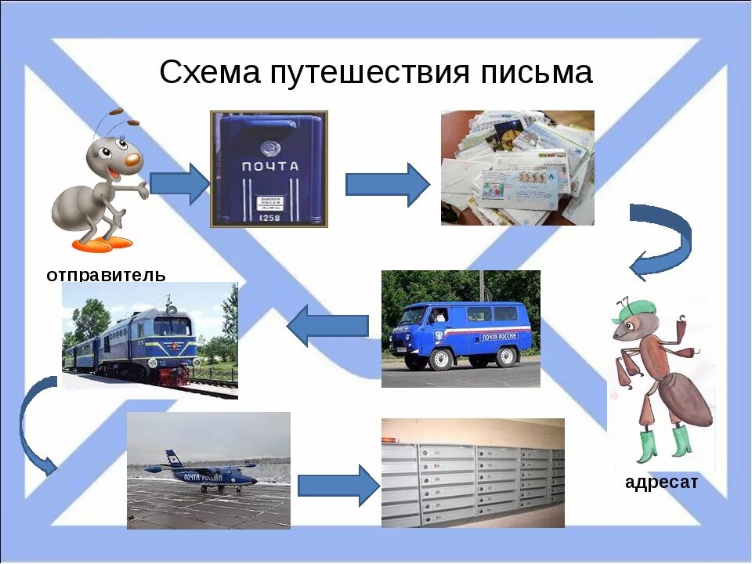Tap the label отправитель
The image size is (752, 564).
[106, 275]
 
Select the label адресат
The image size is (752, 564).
[661, 483]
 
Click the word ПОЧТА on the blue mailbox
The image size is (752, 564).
[269, 166]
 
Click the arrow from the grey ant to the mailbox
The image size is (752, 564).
[179, 184]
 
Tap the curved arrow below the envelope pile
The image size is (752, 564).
[662, 239]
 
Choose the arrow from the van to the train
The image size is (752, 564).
[328, 325]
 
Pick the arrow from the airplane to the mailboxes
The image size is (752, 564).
[338, 486]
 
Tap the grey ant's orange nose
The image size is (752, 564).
[133, 160]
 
